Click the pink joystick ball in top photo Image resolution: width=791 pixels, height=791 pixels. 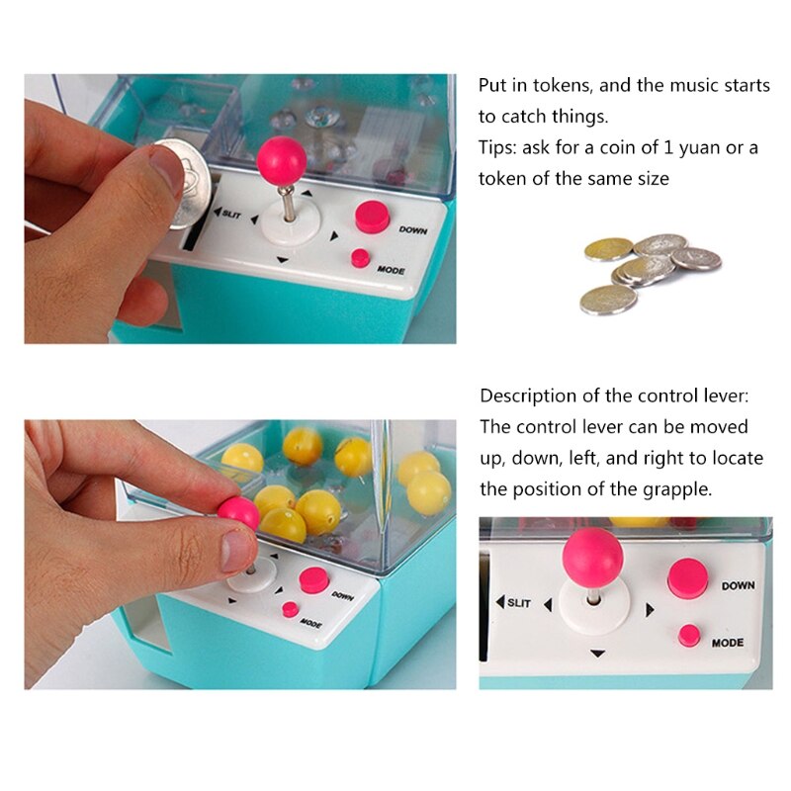click(x=281, y=158)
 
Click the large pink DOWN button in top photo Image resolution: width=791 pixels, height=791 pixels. click(x=372, y=217)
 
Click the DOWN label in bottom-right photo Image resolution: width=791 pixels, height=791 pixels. click(x=738, y=585)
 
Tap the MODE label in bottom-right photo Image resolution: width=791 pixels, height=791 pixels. click(x=728, y=643)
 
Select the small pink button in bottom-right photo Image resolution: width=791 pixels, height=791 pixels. click(x=689, y=636)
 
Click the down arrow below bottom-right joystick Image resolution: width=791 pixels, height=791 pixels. click(x=596, y=654)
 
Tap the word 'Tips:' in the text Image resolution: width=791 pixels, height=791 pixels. click(x=499, y=148)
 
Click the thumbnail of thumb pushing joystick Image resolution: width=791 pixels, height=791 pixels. click(x=240, y=554)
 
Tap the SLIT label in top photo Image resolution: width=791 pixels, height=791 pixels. click(x=230, y=214)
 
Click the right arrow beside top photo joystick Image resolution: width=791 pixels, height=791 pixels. click(x=334, y=236)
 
